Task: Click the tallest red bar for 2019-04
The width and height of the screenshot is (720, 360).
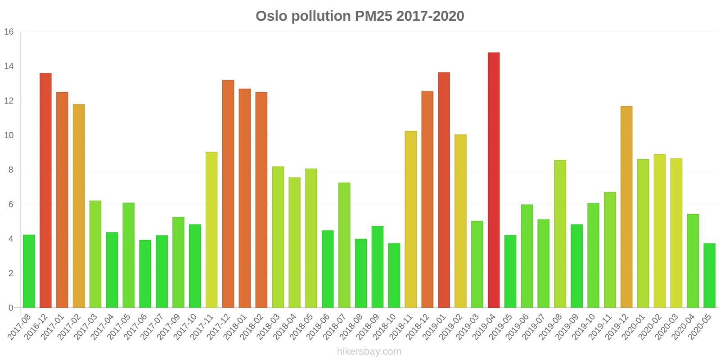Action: click(493, 180)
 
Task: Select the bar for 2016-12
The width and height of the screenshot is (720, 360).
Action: click(45, 191)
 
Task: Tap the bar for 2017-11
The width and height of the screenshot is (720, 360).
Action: click(211, 230)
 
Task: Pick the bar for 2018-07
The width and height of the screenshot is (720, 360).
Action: click(344, 245)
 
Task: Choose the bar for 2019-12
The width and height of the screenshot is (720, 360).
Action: click(626, 207)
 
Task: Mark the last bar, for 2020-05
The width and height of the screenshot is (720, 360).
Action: click(709, 275)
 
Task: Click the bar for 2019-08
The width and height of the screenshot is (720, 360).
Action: click(560, 234)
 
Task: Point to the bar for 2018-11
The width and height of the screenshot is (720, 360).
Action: click(411, 220)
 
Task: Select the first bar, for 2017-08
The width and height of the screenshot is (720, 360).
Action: click(29, 271)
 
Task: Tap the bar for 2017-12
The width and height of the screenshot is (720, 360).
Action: click(228, 194)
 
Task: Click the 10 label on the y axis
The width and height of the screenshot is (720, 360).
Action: click(9, 135)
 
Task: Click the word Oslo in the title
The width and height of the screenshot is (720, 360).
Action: click(271, 16)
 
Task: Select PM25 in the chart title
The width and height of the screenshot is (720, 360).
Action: click(373, 16)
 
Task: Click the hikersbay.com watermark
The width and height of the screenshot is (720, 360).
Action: click(369, 351)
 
